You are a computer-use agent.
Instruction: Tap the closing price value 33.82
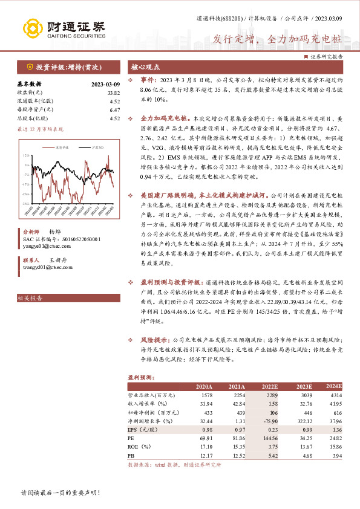tap(113, 92)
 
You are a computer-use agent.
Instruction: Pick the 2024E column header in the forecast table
tap(333, 386)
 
